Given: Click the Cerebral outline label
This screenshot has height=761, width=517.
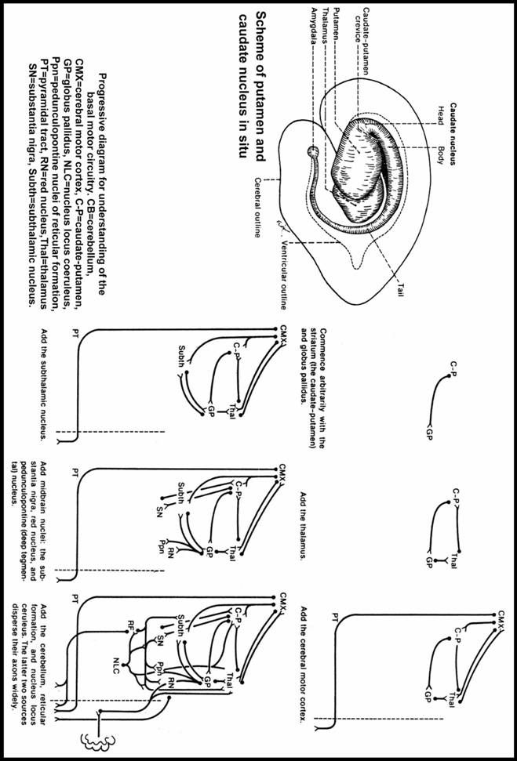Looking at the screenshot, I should click(257, 201).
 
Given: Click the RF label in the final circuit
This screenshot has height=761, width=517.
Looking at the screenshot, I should click(126, 628).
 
